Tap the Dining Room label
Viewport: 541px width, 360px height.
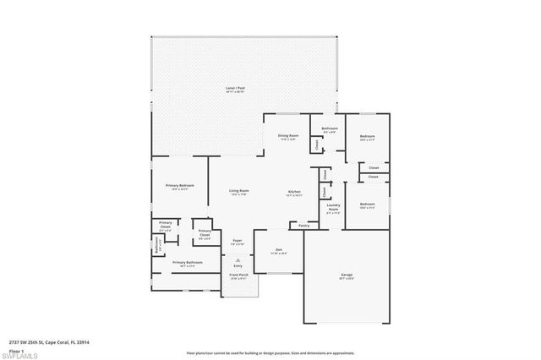coord(288,135)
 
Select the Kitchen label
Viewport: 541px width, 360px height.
coord(294,191)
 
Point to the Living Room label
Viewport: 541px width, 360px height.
coord(238,191)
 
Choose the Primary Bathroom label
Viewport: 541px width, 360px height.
coord(188,263)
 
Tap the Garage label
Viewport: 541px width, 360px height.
coord(346,275)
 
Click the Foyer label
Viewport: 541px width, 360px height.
coord(238,241)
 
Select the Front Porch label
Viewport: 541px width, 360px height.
coord(239,275)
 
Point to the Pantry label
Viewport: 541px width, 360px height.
coord(303,226)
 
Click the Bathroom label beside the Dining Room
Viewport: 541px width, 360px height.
coord(329,128)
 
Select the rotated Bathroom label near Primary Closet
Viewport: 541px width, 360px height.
coord(157,246)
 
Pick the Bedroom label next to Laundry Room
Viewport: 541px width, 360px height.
coord(367,205)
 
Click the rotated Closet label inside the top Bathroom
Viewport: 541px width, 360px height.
coord(317,145)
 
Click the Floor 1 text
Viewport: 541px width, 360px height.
coord(16,349)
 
